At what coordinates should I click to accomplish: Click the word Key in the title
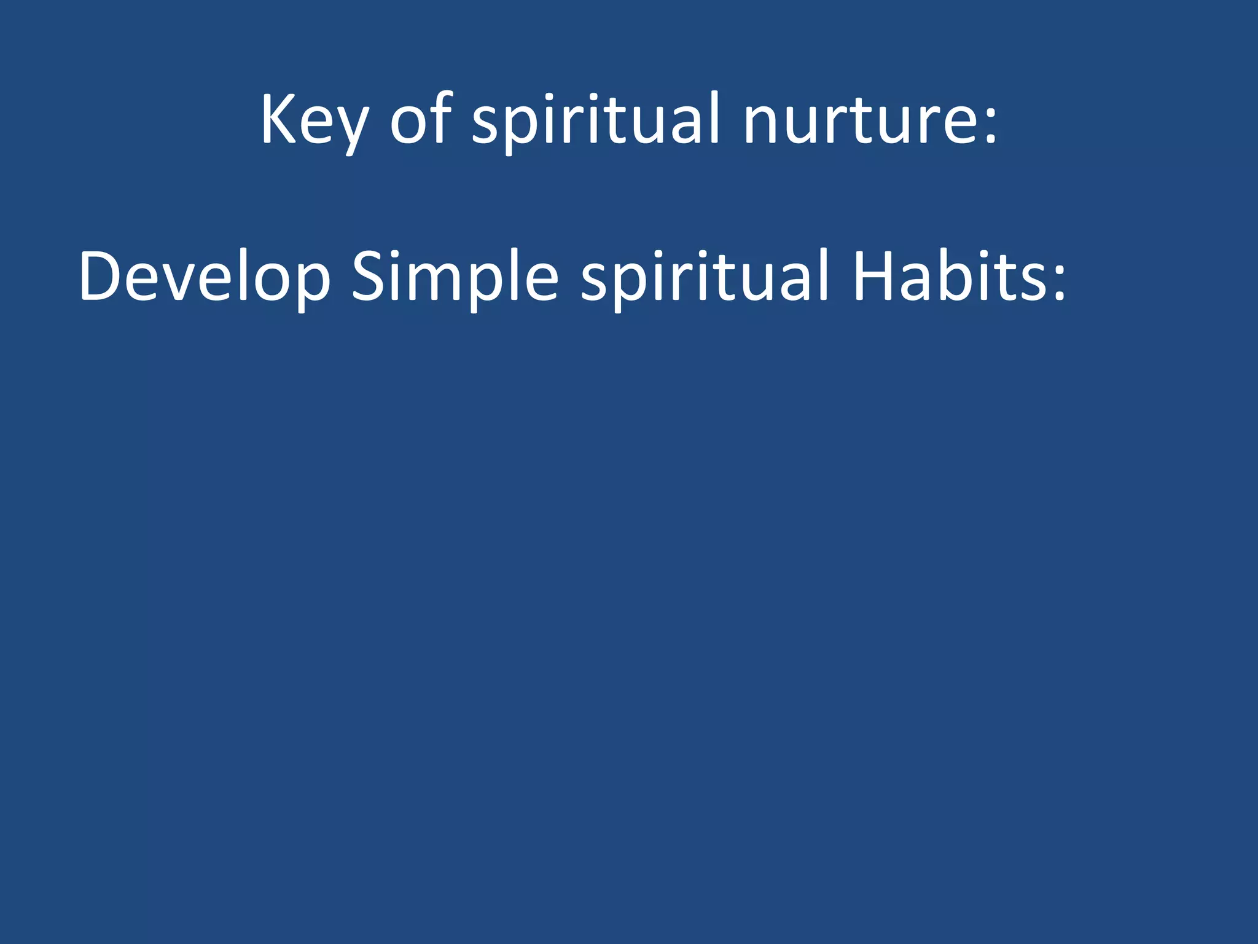click(x=314, y=120)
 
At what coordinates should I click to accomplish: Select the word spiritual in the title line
click(x=596, y=120)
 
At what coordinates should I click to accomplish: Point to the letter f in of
click(x=441, y=117)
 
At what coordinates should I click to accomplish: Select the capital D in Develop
click(x=101, y=276)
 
